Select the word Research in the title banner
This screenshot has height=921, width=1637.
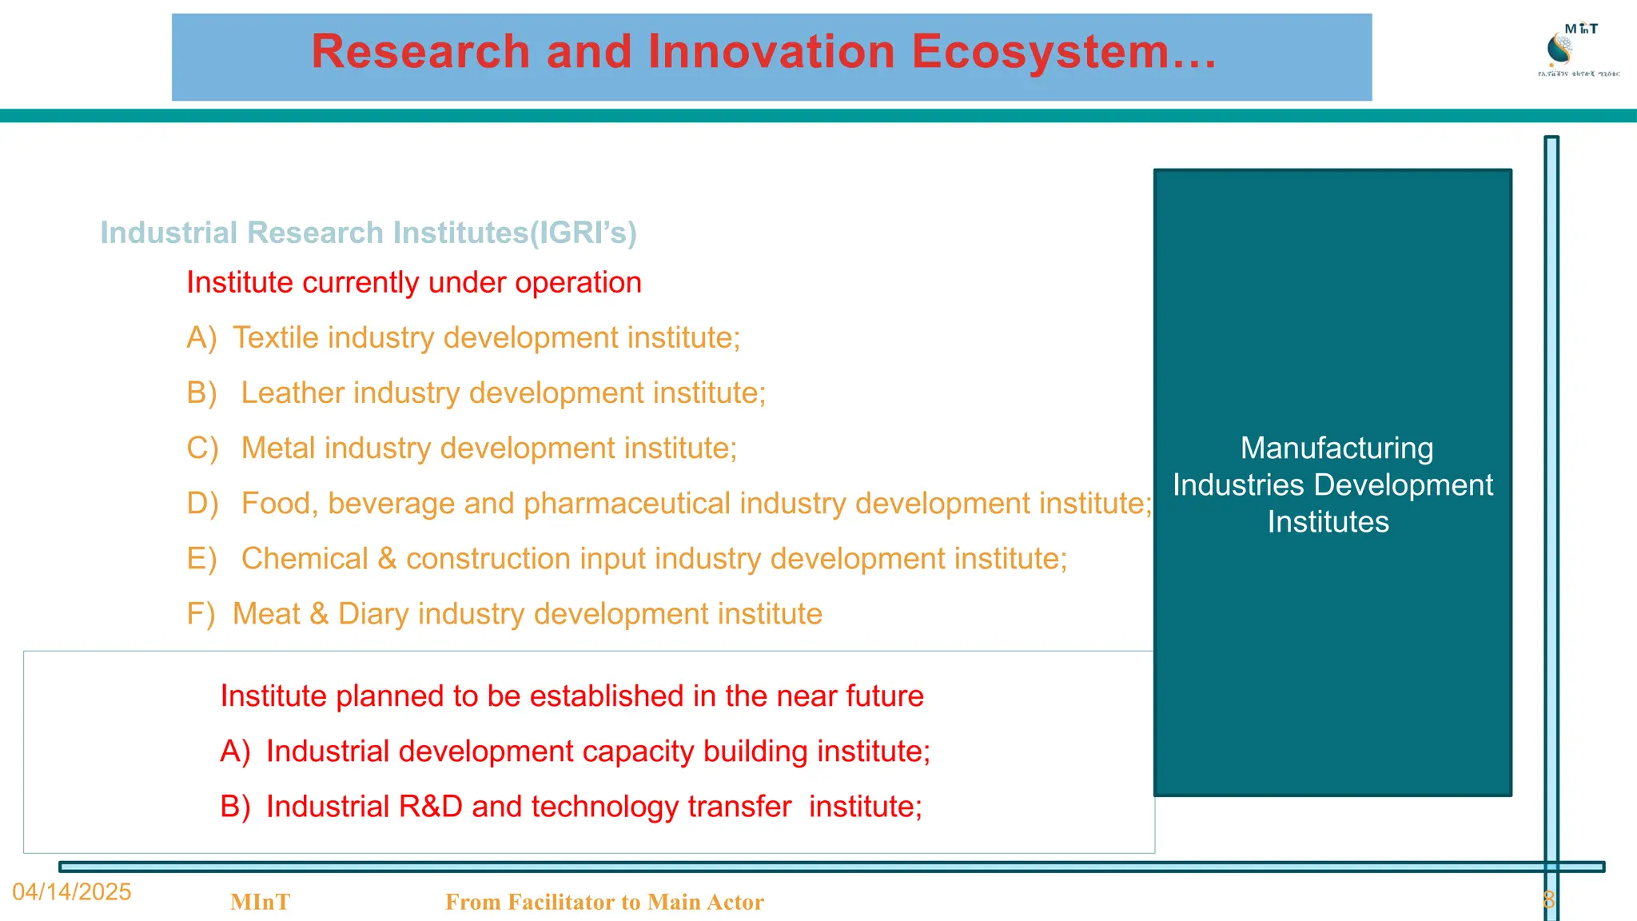420,52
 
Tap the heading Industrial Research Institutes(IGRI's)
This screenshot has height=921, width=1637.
368,233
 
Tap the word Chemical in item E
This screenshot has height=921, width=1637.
305,559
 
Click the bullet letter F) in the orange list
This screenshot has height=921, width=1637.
201,614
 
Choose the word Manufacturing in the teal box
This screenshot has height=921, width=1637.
1336,449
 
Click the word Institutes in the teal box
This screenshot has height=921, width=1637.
1328,522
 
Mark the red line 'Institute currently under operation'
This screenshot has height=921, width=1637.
414,283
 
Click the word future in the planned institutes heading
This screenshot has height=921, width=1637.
885,696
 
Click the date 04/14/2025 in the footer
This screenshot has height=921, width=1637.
72,892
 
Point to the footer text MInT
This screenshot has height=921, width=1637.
260,903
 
